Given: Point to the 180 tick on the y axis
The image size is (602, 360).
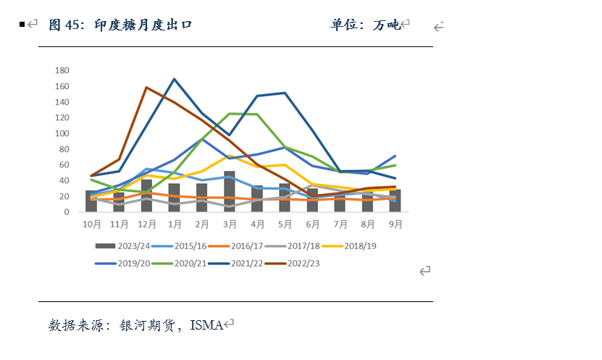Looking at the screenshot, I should point(62,70).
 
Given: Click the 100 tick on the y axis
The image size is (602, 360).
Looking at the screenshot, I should point(62,133).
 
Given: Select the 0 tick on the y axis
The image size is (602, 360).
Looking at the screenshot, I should point(66,212).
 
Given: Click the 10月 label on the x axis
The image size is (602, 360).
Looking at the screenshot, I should point(92,225).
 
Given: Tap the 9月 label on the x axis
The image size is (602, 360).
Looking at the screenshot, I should point(395,225).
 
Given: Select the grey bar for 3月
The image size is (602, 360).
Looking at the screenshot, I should point(229,192).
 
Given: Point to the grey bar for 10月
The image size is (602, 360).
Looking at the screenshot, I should point(91,201).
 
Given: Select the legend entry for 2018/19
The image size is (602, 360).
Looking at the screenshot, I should point(359,246).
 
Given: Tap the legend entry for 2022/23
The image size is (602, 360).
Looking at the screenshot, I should point(303,263).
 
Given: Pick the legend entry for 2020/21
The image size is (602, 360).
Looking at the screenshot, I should point(188,263).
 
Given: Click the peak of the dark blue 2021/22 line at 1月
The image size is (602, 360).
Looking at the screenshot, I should point(175,79).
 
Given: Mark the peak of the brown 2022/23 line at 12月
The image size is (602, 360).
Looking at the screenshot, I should point(146,88).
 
